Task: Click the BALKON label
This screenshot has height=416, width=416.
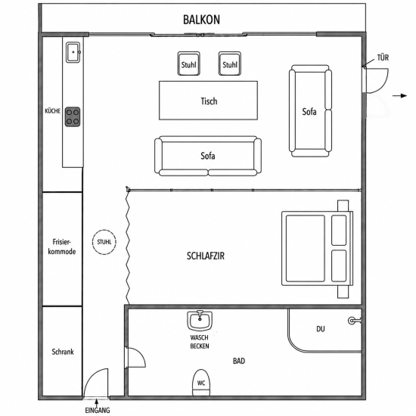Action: (201, 20)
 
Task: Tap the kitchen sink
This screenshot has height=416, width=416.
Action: (73, 52)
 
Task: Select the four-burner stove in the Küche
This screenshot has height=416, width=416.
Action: (73, 116)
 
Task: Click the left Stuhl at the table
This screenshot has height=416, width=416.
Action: (188, 64)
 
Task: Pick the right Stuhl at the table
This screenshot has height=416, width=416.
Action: (230, 64)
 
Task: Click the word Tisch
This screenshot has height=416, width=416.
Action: (209, 101)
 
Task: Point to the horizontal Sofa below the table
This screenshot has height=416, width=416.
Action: (208, 157)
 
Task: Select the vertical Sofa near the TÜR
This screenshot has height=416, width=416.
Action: (310, 111)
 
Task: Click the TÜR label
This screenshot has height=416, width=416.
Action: (383, 57)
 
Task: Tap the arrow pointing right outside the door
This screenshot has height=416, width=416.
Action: (400, 96)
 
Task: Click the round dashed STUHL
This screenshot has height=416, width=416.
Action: (104, 242)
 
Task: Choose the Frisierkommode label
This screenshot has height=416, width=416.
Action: (62, 247)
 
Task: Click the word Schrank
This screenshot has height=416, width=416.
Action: (63, 352)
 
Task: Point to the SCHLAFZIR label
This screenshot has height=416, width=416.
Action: (206, 256)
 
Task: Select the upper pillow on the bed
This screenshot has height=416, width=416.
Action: (339, 230)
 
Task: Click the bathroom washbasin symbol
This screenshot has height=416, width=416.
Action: (200, 321)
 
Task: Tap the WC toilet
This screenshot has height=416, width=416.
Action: (201, 382)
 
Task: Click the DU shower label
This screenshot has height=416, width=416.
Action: (321, 329)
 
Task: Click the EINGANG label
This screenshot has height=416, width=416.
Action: (98, 410)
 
